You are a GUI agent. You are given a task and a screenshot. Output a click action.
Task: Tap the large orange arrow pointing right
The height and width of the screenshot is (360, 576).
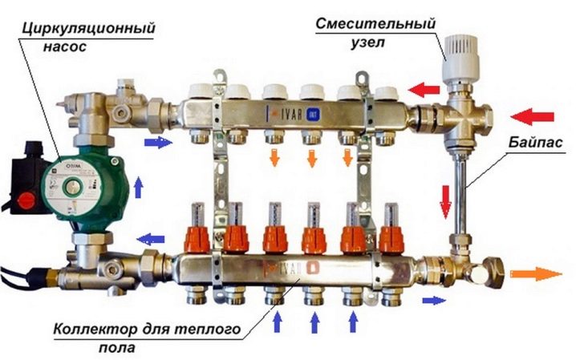[x=536, y=273]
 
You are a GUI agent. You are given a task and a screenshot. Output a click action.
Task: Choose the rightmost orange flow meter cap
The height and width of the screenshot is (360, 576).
[x=391, y=236]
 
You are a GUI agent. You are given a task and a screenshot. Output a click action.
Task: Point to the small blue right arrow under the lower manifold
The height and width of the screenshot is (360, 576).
[x=432, y=300]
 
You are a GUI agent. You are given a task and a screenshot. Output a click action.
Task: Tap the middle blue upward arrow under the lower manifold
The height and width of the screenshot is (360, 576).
[x=313, y=322]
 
